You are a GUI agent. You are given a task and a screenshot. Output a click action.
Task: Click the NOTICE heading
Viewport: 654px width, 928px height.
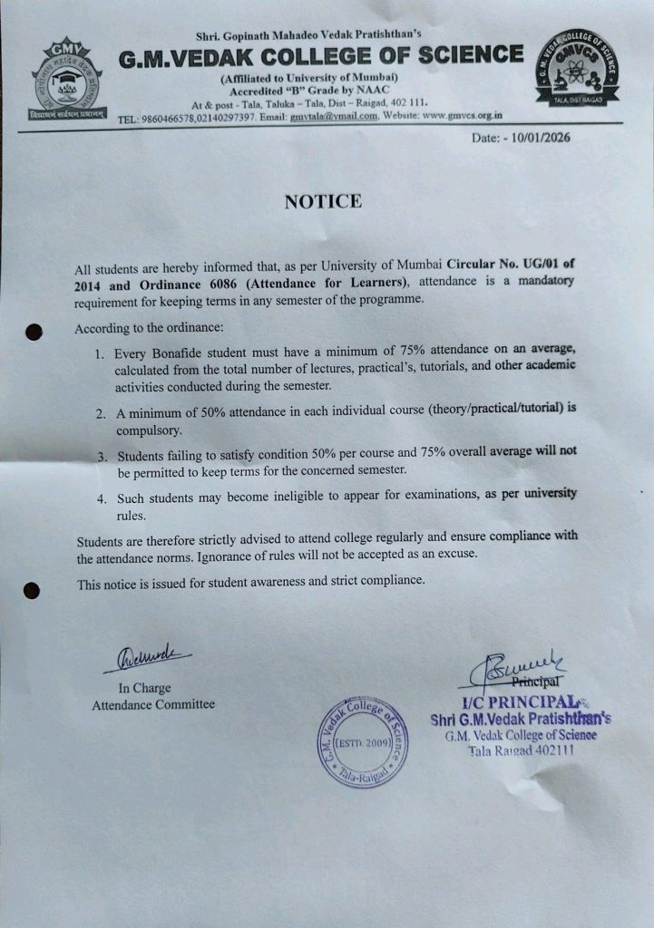click(323, 202)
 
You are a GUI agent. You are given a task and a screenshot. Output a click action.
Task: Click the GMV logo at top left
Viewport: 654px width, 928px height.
click(66, 81)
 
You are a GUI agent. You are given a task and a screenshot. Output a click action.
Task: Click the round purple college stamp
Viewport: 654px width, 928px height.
click(362, 741)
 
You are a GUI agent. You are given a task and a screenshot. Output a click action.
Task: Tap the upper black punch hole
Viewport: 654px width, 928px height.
click(34, 332)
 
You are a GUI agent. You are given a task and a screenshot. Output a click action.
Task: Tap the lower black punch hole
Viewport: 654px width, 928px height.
click(32, 590)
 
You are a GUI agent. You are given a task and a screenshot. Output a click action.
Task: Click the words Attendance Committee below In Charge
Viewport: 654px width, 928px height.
click(153, 704)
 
